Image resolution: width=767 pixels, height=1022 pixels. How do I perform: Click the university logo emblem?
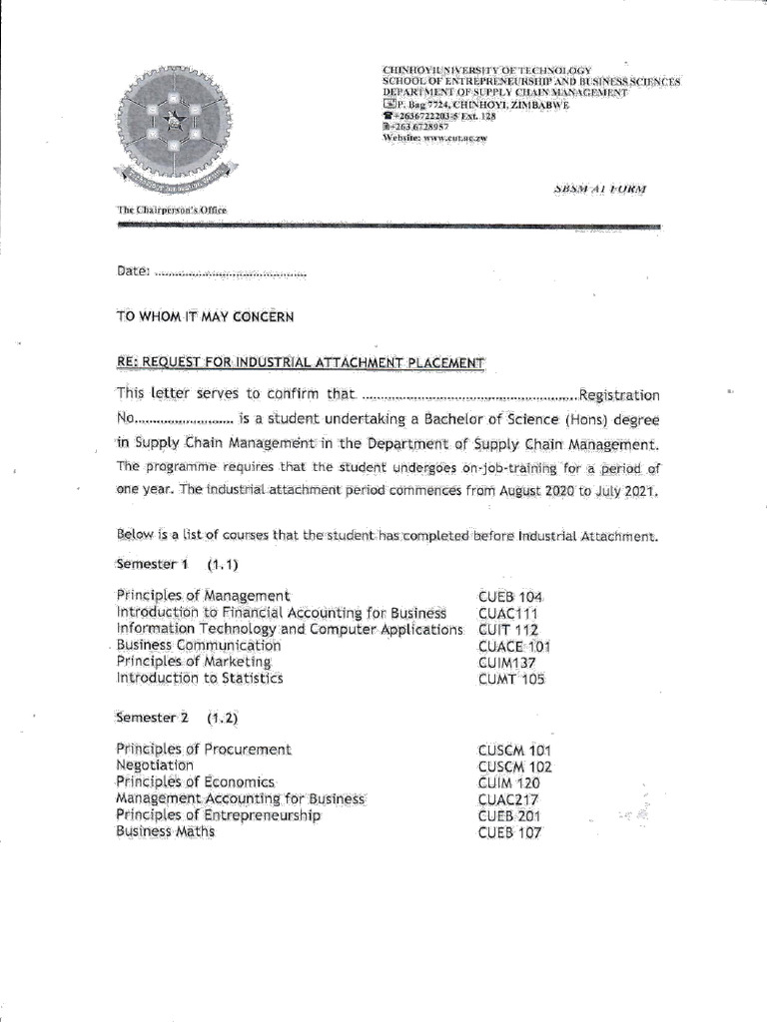point(173,126)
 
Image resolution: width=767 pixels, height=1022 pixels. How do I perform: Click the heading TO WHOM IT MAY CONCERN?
point(206,317)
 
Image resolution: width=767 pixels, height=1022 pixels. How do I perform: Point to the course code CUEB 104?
point(510,597)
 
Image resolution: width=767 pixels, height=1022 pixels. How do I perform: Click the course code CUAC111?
point(508,613)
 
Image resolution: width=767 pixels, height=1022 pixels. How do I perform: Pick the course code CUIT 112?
point(508,630)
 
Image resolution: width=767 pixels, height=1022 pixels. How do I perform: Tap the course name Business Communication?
point(199,646)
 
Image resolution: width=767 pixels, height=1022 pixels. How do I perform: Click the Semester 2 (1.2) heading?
point(178,718)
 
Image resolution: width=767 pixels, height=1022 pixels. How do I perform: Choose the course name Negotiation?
point(156,766)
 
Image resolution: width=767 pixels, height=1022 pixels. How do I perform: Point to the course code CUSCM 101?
point(515,751)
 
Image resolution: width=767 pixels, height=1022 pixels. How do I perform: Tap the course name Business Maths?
point(166,831)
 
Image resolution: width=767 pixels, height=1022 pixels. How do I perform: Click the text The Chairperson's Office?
point(173,210)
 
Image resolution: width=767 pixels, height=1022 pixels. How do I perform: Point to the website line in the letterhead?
point(434,139)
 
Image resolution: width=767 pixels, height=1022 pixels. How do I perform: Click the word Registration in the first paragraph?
point(619,396)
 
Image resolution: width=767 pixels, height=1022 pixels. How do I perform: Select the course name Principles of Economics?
point(196,782)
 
